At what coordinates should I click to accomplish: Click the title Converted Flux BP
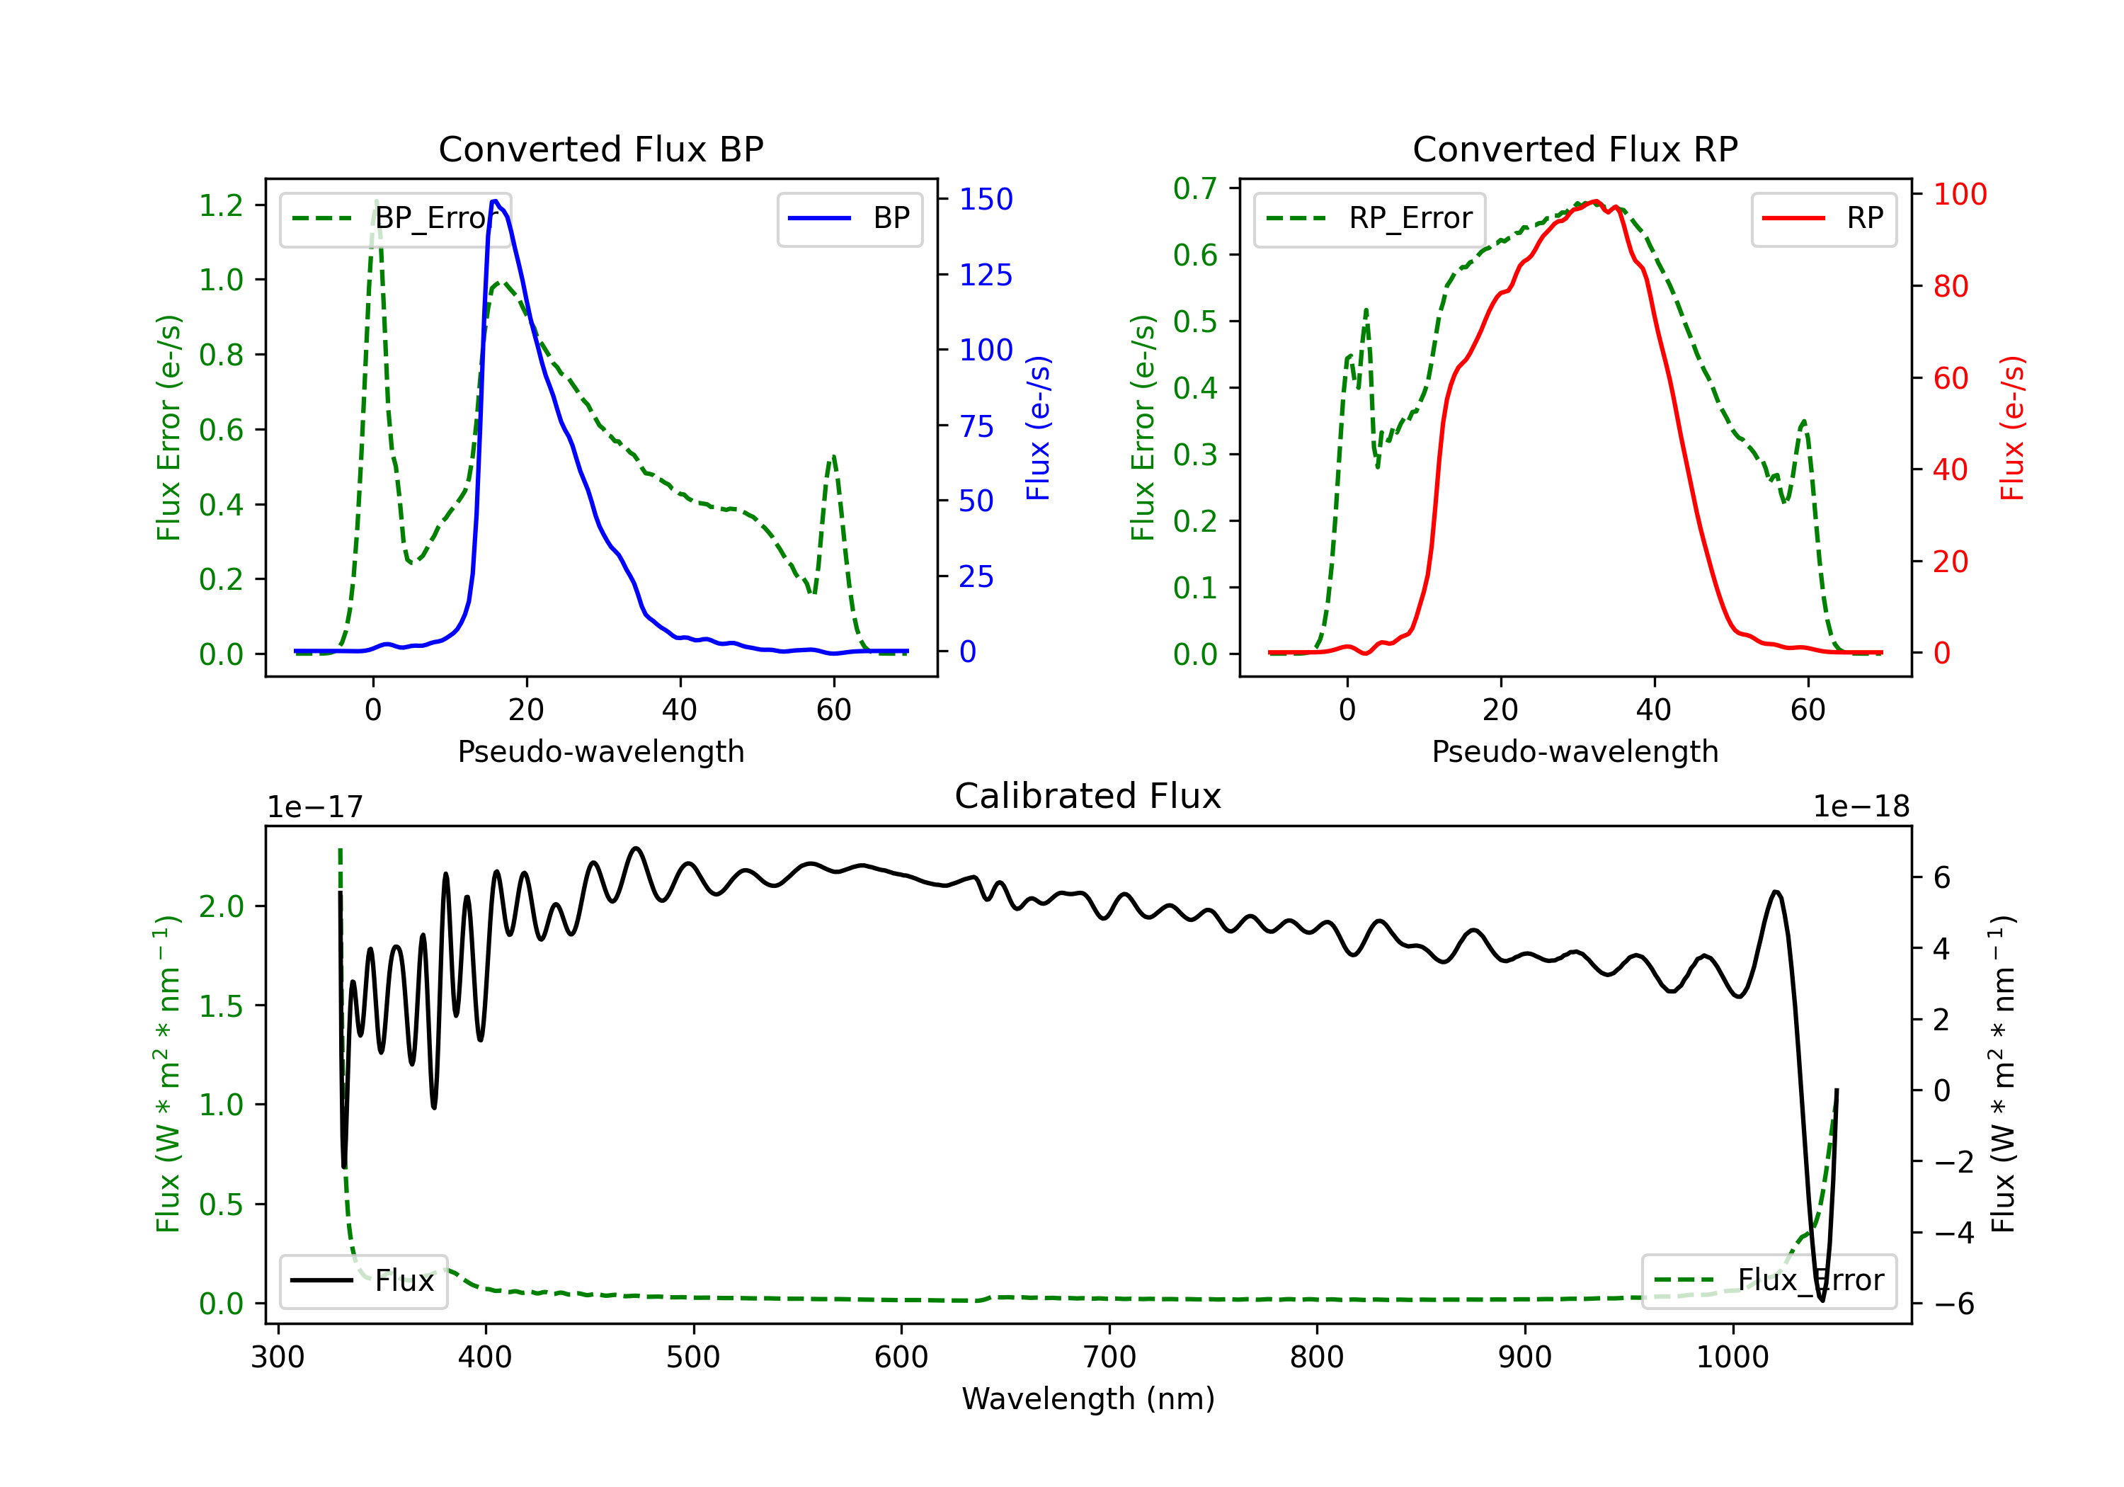[x=600, y=149]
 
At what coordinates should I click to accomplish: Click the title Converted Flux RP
[x=1575, y=149]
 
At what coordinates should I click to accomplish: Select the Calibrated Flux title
[x=1088, y=796]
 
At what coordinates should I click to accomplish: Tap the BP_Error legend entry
[x=395, y=218]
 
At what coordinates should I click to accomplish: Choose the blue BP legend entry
[x=849, y=218]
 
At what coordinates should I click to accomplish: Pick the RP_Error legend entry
[x=1369, y=218]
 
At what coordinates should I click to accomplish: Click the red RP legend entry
[x=1823, y=218]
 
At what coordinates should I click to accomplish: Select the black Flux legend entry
[x=362, y=1281]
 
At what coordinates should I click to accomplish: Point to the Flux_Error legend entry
[x=1769, y=1281]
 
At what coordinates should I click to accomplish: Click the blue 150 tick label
[x=986, y=199]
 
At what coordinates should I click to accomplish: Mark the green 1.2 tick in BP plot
[x=221, y=205]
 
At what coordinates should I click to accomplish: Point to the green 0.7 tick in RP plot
[x=1195, y=189]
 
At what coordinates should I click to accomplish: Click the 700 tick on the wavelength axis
[x=1109, y=1357]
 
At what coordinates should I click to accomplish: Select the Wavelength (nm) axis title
[x=1088, y=1399]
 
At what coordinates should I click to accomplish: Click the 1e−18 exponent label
[x=1861, y=807]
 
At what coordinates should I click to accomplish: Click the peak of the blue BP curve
[x=496, y=201]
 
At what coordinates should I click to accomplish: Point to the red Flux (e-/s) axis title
[x=2012, y=428]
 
